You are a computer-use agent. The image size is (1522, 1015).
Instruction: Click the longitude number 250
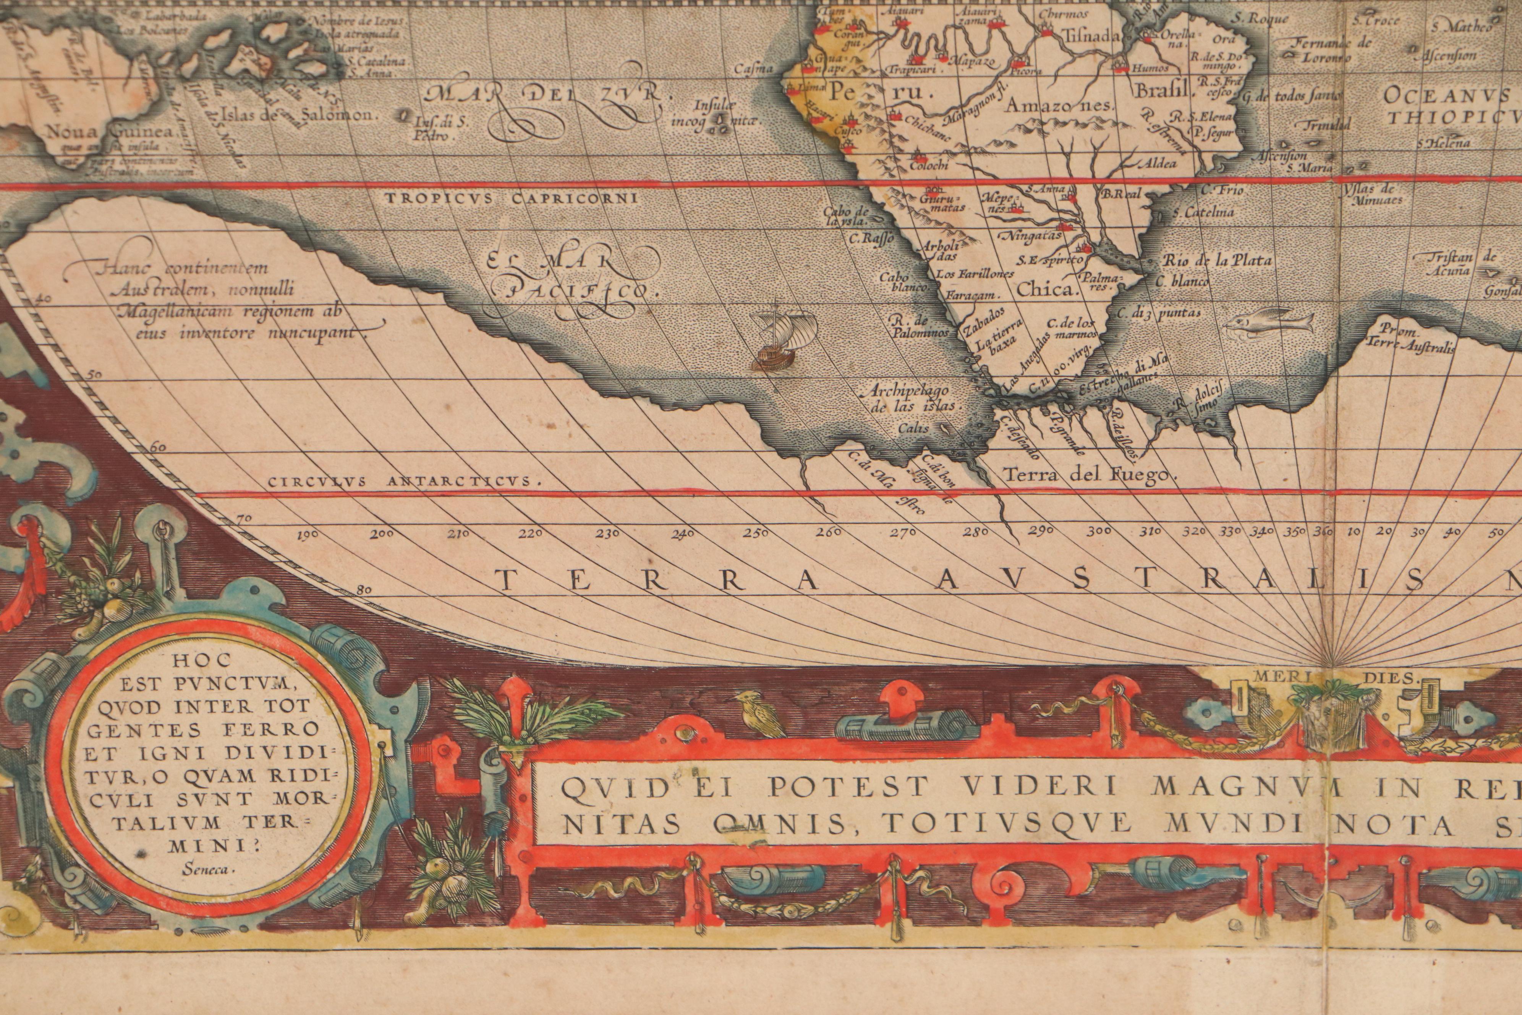(755, 533)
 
